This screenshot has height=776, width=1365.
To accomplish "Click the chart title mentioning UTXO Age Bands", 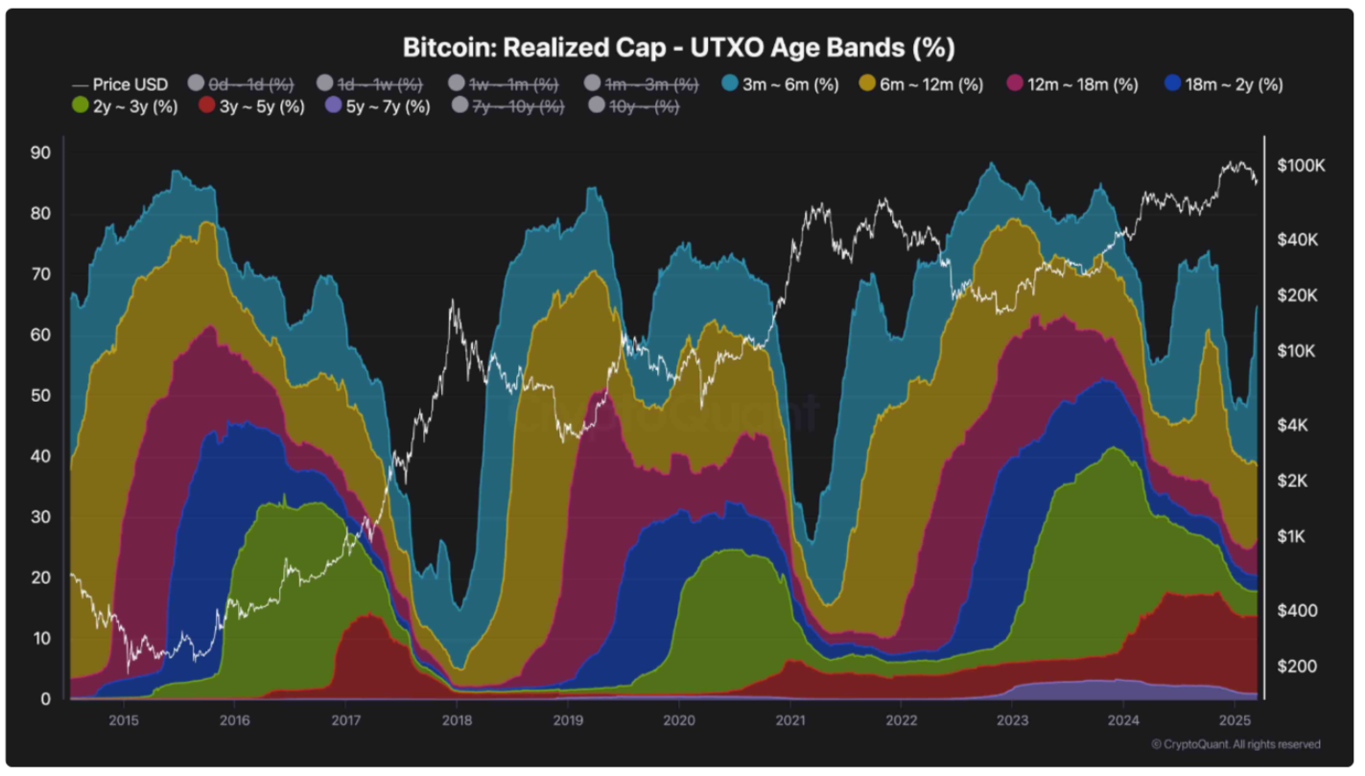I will click(x=678, y=47).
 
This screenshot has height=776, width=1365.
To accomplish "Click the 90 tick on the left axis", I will click(x=40, y=153).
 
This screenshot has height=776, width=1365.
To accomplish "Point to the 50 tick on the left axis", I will click(x=40, y=396).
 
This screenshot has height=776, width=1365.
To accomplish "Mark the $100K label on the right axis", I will click(x=1301, y=166).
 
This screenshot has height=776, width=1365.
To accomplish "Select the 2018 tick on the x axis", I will click(x=457, y=719).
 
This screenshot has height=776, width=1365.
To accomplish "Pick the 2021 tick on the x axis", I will click(x=790, y=719).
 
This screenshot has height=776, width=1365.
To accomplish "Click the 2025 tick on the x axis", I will click(x=1235, y=719).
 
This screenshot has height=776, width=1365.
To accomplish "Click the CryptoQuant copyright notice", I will click(x=1236, y=744).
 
